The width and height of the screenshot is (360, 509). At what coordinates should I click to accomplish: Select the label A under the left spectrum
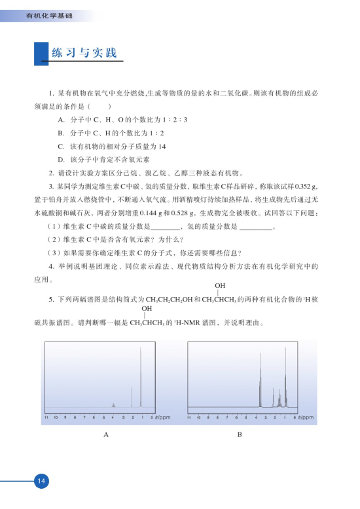[105, 435]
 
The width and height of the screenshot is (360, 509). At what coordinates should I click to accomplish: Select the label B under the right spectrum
[240, 435]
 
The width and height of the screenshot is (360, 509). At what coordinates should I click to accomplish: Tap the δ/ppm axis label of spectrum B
[303, 416]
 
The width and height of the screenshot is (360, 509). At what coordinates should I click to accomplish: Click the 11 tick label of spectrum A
[46, 416]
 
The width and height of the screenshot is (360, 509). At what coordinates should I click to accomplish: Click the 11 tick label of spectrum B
[189, 416]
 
